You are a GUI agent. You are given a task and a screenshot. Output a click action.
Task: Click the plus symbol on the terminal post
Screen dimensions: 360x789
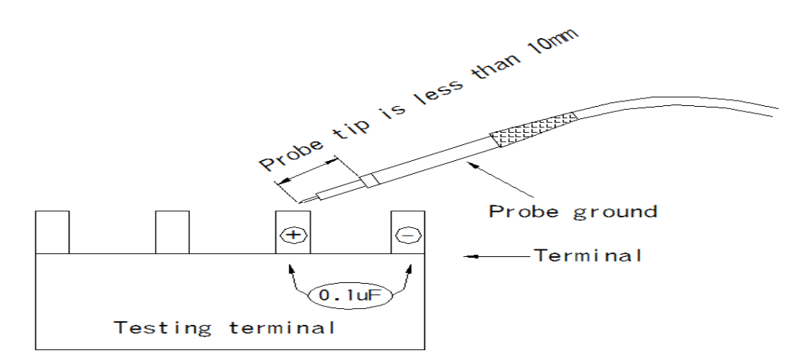tap(292, 235)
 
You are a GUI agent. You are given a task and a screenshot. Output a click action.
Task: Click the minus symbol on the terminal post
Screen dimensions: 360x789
tap(407, 235)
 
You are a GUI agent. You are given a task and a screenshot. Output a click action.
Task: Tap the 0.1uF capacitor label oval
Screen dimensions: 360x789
tap(349, 294)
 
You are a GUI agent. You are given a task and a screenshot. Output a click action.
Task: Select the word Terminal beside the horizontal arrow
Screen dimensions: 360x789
tap(588, 256)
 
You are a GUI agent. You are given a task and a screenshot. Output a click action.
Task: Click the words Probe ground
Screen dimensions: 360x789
tap(572, 211)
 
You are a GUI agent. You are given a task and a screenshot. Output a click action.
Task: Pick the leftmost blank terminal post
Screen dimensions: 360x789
tap(53, 232)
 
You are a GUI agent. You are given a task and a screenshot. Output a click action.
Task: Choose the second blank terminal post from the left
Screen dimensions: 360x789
tap(172, 232)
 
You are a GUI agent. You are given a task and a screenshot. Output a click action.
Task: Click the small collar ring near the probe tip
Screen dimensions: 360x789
tap(369, 181)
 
